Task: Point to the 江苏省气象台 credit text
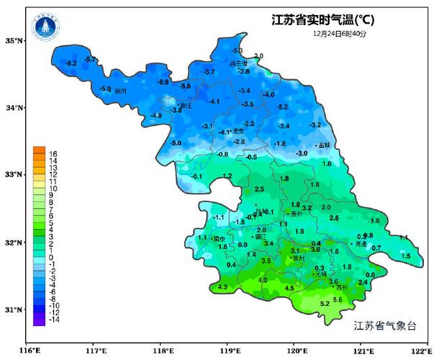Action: [x=385, y=326]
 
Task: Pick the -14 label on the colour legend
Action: [x=54, y=319]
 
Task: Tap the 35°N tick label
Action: [x=15, y=41]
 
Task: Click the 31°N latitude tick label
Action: [x=15, y=310]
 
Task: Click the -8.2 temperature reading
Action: [x=71, y=64]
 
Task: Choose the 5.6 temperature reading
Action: [x=338, y=299]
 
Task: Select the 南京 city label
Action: [x=219, y=239]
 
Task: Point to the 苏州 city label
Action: [x=341, y=287]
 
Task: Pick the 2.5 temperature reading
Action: [x=259, y=189]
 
